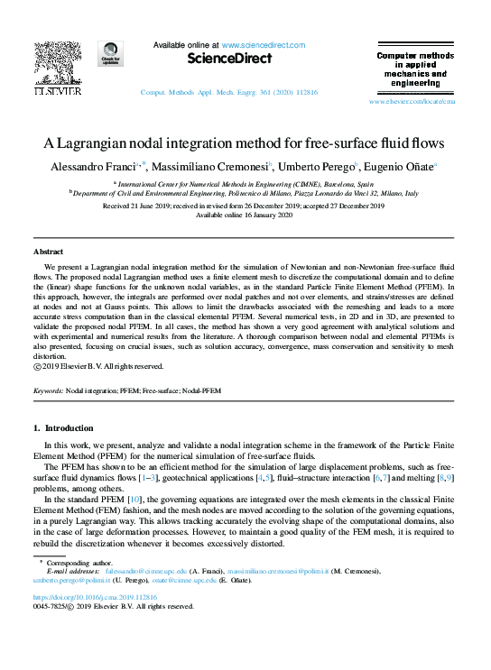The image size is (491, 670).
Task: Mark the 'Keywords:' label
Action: click(48, 392)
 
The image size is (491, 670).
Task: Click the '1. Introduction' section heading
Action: click(68, 428)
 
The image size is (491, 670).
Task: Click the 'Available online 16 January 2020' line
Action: click(245, 215)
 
